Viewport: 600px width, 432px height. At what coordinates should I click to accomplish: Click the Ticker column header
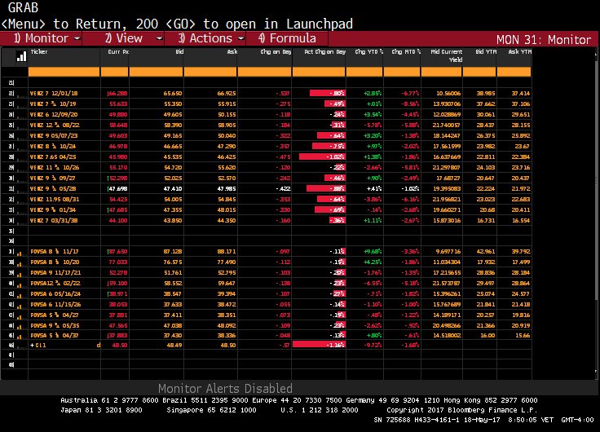39,51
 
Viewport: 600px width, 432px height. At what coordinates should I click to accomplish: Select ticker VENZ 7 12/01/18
51,94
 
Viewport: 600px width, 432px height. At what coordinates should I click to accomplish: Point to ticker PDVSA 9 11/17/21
52,273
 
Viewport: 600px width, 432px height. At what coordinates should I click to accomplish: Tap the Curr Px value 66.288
117,94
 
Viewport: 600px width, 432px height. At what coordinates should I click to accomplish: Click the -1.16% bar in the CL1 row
319,345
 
